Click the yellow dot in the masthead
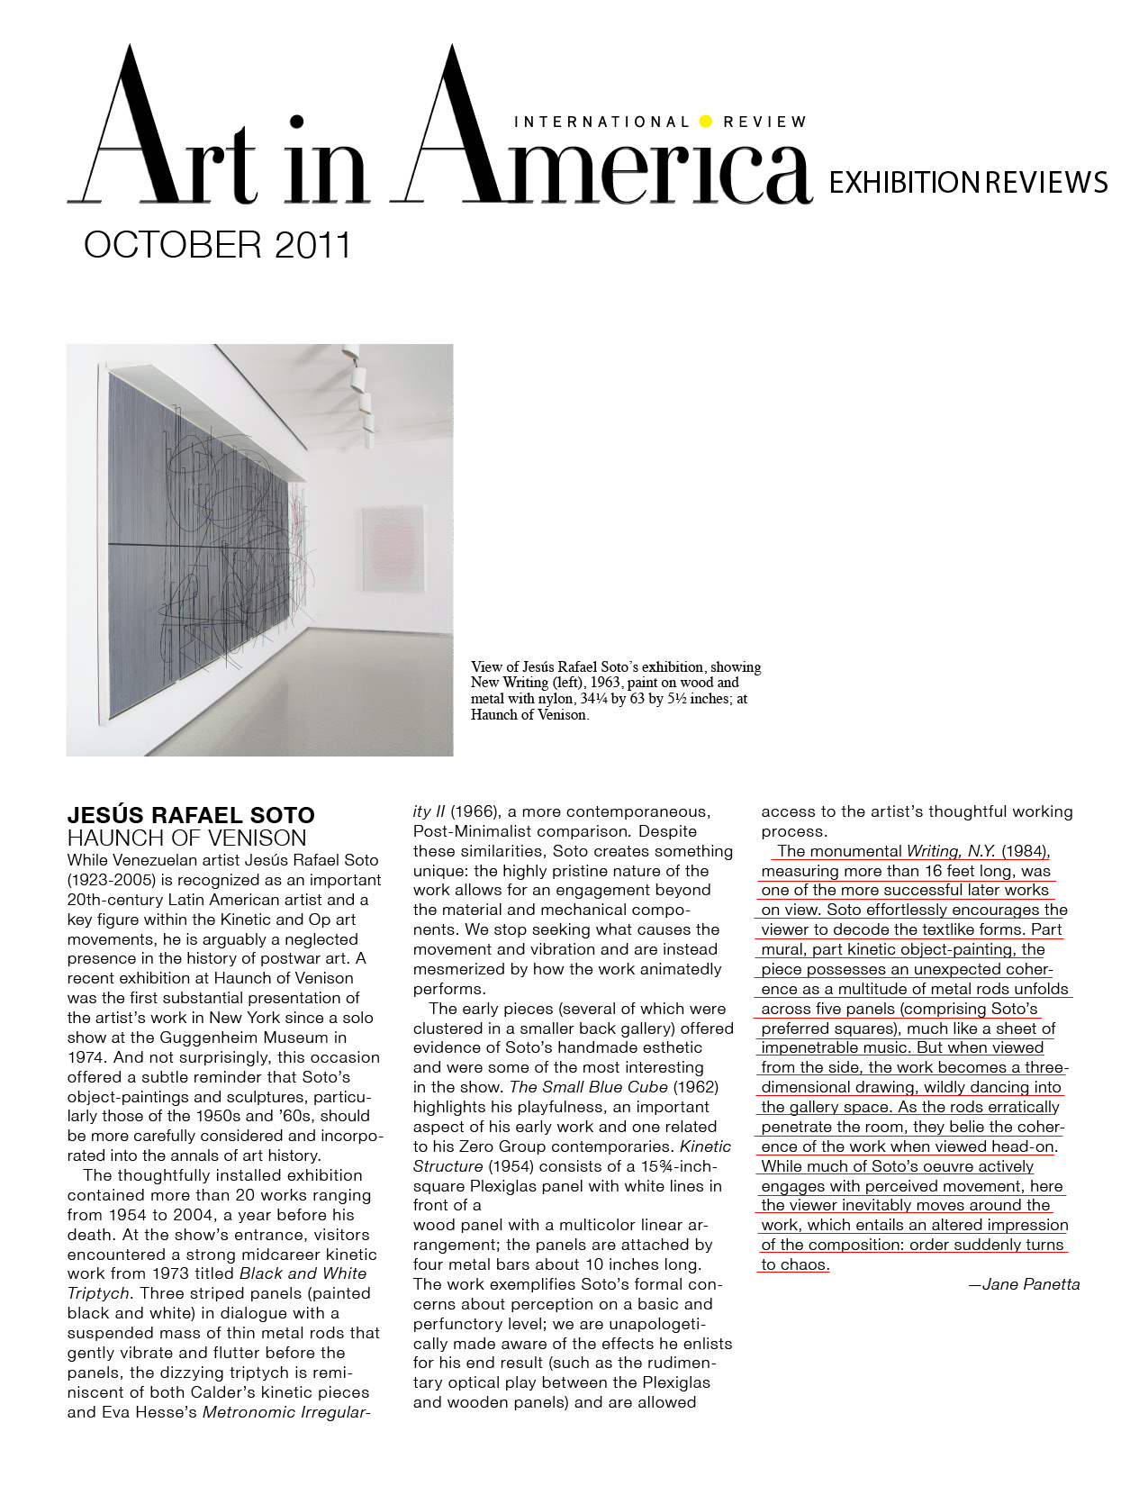[705, 122]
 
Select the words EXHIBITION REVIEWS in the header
[967, 183]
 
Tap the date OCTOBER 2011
[217, 245]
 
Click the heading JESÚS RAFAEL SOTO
[191, 815]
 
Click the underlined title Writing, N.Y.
[951, 851]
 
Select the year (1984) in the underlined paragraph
[1026, 851]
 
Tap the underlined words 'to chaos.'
[794, 1264]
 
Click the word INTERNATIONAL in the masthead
[601, 122]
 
